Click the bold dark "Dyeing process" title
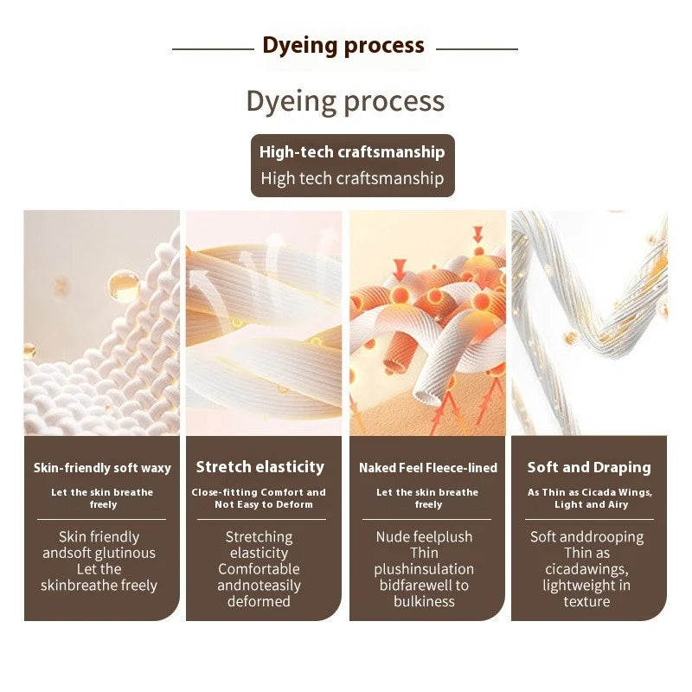click(343, 46)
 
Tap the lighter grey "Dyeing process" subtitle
click(345, 102)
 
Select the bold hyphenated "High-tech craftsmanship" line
click(352, 152)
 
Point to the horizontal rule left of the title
click(213, 49)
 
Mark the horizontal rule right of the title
click(477, 49)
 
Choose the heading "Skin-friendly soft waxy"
click(102, 468)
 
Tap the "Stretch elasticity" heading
click(260, 467)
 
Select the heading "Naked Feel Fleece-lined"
click(428, 468)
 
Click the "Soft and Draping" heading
click(589, 467)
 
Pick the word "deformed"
click(259, 601)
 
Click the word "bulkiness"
click(424, 601)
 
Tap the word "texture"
click(586, 601)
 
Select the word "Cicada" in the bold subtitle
click(597, 492)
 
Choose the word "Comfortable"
click(259, 569)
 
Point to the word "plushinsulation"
click(424, 569)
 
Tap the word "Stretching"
click(259, 537)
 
